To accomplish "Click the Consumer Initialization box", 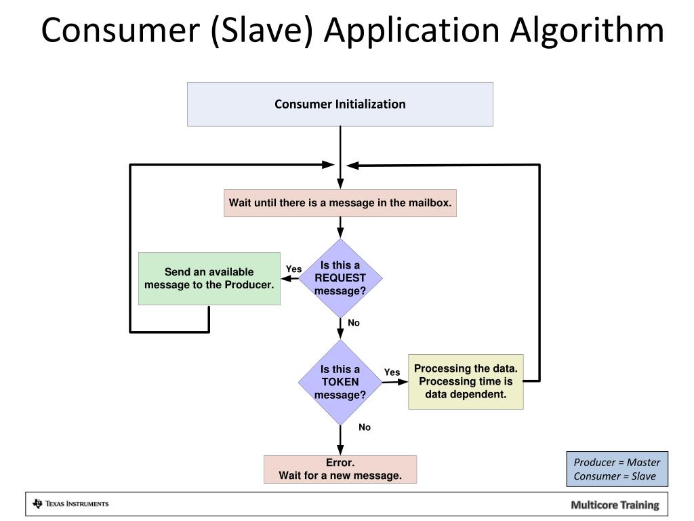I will [340, 104].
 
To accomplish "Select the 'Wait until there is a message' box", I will [340, 203].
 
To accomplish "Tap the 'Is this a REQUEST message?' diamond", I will [340, 277].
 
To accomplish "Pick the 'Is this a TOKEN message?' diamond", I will [340, 382].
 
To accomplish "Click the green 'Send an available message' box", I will [209, 278].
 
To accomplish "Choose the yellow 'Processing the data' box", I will [466, 381].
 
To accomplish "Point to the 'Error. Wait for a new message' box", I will [340, 469].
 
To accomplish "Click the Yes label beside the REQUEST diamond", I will [293, 269].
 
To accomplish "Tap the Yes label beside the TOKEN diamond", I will [392, 372].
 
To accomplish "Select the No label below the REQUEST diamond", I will [354, 323].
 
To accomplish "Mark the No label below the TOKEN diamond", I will [365, 427].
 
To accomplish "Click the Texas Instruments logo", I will [70, 503].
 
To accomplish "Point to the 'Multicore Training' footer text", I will [614, 505].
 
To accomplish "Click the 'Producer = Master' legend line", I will [617, 463].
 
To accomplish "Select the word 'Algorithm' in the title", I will [587, 31].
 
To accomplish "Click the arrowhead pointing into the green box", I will [286, 278].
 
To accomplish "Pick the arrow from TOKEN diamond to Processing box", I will [393, 382].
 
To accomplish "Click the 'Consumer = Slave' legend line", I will [615, 476].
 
